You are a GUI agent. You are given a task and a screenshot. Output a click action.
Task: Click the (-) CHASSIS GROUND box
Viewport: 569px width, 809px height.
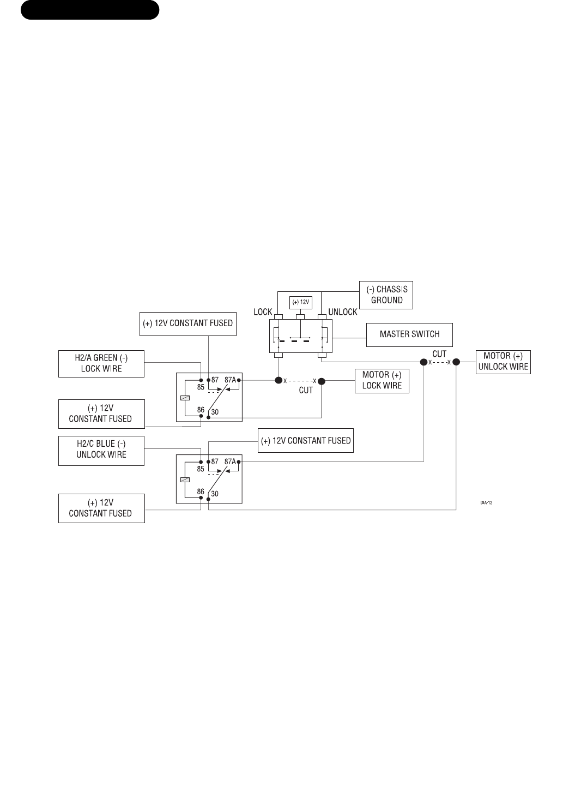[x=386, y=295]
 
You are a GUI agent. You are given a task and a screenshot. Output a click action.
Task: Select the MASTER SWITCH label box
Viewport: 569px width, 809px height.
[x=409, y=334]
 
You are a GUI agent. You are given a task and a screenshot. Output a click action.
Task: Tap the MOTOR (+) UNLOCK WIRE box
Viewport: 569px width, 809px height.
[x=503, y=362]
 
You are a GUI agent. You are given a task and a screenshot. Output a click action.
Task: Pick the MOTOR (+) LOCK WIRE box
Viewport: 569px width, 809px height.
[x=382, y=380]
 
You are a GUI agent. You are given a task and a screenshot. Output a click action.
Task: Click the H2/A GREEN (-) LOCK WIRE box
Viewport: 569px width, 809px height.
[x=101, y=363]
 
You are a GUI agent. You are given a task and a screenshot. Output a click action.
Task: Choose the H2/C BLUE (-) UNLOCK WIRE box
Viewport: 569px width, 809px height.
[x=101, y=450]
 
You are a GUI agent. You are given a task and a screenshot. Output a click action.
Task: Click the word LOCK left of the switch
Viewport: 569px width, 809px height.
[x=263, y=312]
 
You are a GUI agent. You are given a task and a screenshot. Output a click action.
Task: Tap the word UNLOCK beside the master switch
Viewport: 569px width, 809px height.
[x=343, y=312]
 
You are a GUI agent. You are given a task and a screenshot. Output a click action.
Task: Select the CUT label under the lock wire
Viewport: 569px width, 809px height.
[x=306, y=391]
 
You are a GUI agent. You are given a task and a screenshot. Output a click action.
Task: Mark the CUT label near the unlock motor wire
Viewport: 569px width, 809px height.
[x=439, y=354]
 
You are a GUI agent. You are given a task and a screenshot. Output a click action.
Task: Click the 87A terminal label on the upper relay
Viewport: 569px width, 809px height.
[x=230, y=380]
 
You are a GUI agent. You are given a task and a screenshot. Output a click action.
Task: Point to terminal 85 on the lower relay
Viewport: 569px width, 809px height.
[x=201, y=469]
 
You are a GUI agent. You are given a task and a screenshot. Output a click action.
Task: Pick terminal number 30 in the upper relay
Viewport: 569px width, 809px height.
[x=215, y=412]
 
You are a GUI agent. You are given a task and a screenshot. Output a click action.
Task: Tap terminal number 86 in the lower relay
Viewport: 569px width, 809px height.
[x=201, y=492]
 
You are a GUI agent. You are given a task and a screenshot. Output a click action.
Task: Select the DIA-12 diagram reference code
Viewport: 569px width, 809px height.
[x=487, y=502]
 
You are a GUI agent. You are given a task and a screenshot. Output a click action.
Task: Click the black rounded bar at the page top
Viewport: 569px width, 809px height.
[x=90, y=10]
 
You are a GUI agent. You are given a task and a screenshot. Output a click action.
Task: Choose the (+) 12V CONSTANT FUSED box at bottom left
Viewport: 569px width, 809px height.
[x=101, y=508]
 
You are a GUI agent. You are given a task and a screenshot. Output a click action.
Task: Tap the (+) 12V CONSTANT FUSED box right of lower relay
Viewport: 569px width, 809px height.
[x=306, y=441]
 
